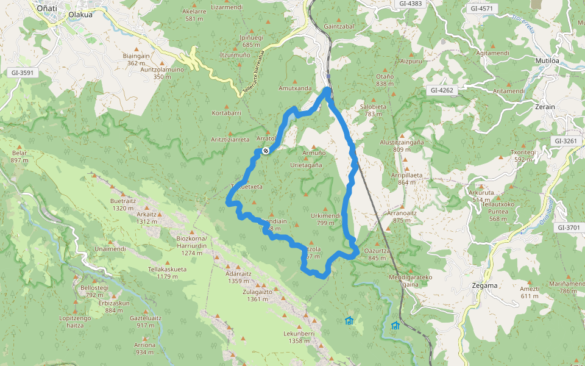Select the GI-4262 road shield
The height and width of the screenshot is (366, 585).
pos(442,90)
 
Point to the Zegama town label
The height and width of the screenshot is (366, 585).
pos(485,285)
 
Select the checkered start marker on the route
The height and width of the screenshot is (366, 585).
pos(266,151)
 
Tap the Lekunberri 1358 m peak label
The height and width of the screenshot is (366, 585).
pos(299,337)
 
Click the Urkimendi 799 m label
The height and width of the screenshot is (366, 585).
pos(325,219)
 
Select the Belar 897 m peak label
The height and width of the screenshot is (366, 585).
pos(19,157)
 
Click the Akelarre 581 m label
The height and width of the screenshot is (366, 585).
pos(194,15)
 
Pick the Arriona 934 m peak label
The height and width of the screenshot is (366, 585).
pos(144,348)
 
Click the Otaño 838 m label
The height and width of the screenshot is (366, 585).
pos(385,80)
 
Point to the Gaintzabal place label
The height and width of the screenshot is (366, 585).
pos(339,27)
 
